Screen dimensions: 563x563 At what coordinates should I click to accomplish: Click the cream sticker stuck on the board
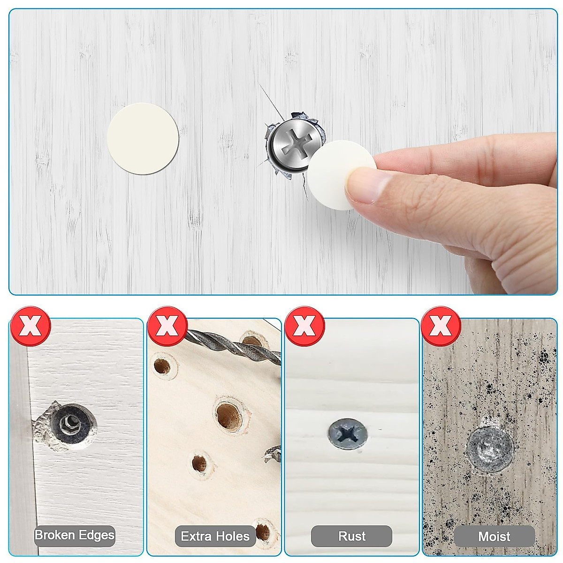point(143,139)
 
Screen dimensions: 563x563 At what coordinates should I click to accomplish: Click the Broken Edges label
point(75,535)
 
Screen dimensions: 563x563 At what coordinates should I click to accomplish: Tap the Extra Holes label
point(215,536)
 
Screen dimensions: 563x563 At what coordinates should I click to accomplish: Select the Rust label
point(352,536)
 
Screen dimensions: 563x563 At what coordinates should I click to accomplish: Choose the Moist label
point(494,536)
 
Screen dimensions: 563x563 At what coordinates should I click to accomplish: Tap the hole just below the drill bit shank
point(162,366)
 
